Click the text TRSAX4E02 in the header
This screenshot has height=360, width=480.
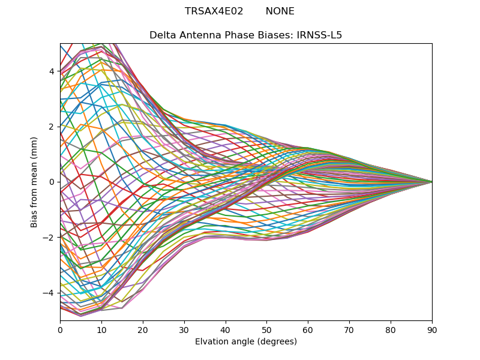point(214,11)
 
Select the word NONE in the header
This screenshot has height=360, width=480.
point(280,11)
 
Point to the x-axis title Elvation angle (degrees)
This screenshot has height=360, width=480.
point(246,342)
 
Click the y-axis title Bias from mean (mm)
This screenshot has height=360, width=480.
point(34,182)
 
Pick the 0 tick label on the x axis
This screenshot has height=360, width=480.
point(60,329)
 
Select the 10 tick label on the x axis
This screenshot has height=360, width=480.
point(101,329)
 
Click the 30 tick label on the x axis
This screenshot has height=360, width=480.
point(184,329)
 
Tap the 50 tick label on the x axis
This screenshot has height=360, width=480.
point(266,329)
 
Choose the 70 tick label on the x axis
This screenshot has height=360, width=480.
point(349,329)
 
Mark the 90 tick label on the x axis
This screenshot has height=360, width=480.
point(432,329)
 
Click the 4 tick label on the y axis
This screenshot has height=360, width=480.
point(52,71)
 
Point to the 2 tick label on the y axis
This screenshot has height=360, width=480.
point(52,127)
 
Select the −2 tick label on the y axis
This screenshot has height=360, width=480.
point(49,238)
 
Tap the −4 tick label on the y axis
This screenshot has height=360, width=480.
point(49,293)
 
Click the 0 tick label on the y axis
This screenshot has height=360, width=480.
point(52,182)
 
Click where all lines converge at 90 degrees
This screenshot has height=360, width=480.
point(431,182)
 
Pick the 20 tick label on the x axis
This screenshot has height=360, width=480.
point(143,329)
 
